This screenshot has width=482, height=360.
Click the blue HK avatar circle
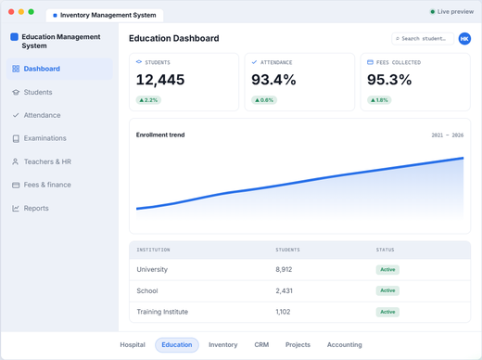pos(464,39)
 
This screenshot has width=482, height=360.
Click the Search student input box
pos(423,39)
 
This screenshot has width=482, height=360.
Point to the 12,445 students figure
pos(160,80)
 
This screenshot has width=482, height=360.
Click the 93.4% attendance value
pos(273,80)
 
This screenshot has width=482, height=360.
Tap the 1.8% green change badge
pos(379,100)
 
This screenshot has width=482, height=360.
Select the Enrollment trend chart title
pos(160,135)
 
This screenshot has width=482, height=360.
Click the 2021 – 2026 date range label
pos(448,135)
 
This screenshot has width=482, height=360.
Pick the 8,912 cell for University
pos(284,269)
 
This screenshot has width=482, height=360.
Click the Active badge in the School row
pos(387,290)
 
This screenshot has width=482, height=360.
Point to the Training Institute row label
pos(162,312)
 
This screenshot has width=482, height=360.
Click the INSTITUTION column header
pos(153,250)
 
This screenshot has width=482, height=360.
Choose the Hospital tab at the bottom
pos(133,344)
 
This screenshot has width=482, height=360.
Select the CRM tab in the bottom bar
pos(261,344)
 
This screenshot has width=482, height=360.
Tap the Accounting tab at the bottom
pos(344,344)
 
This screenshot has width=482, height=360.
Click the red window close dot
pos(11,12)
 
